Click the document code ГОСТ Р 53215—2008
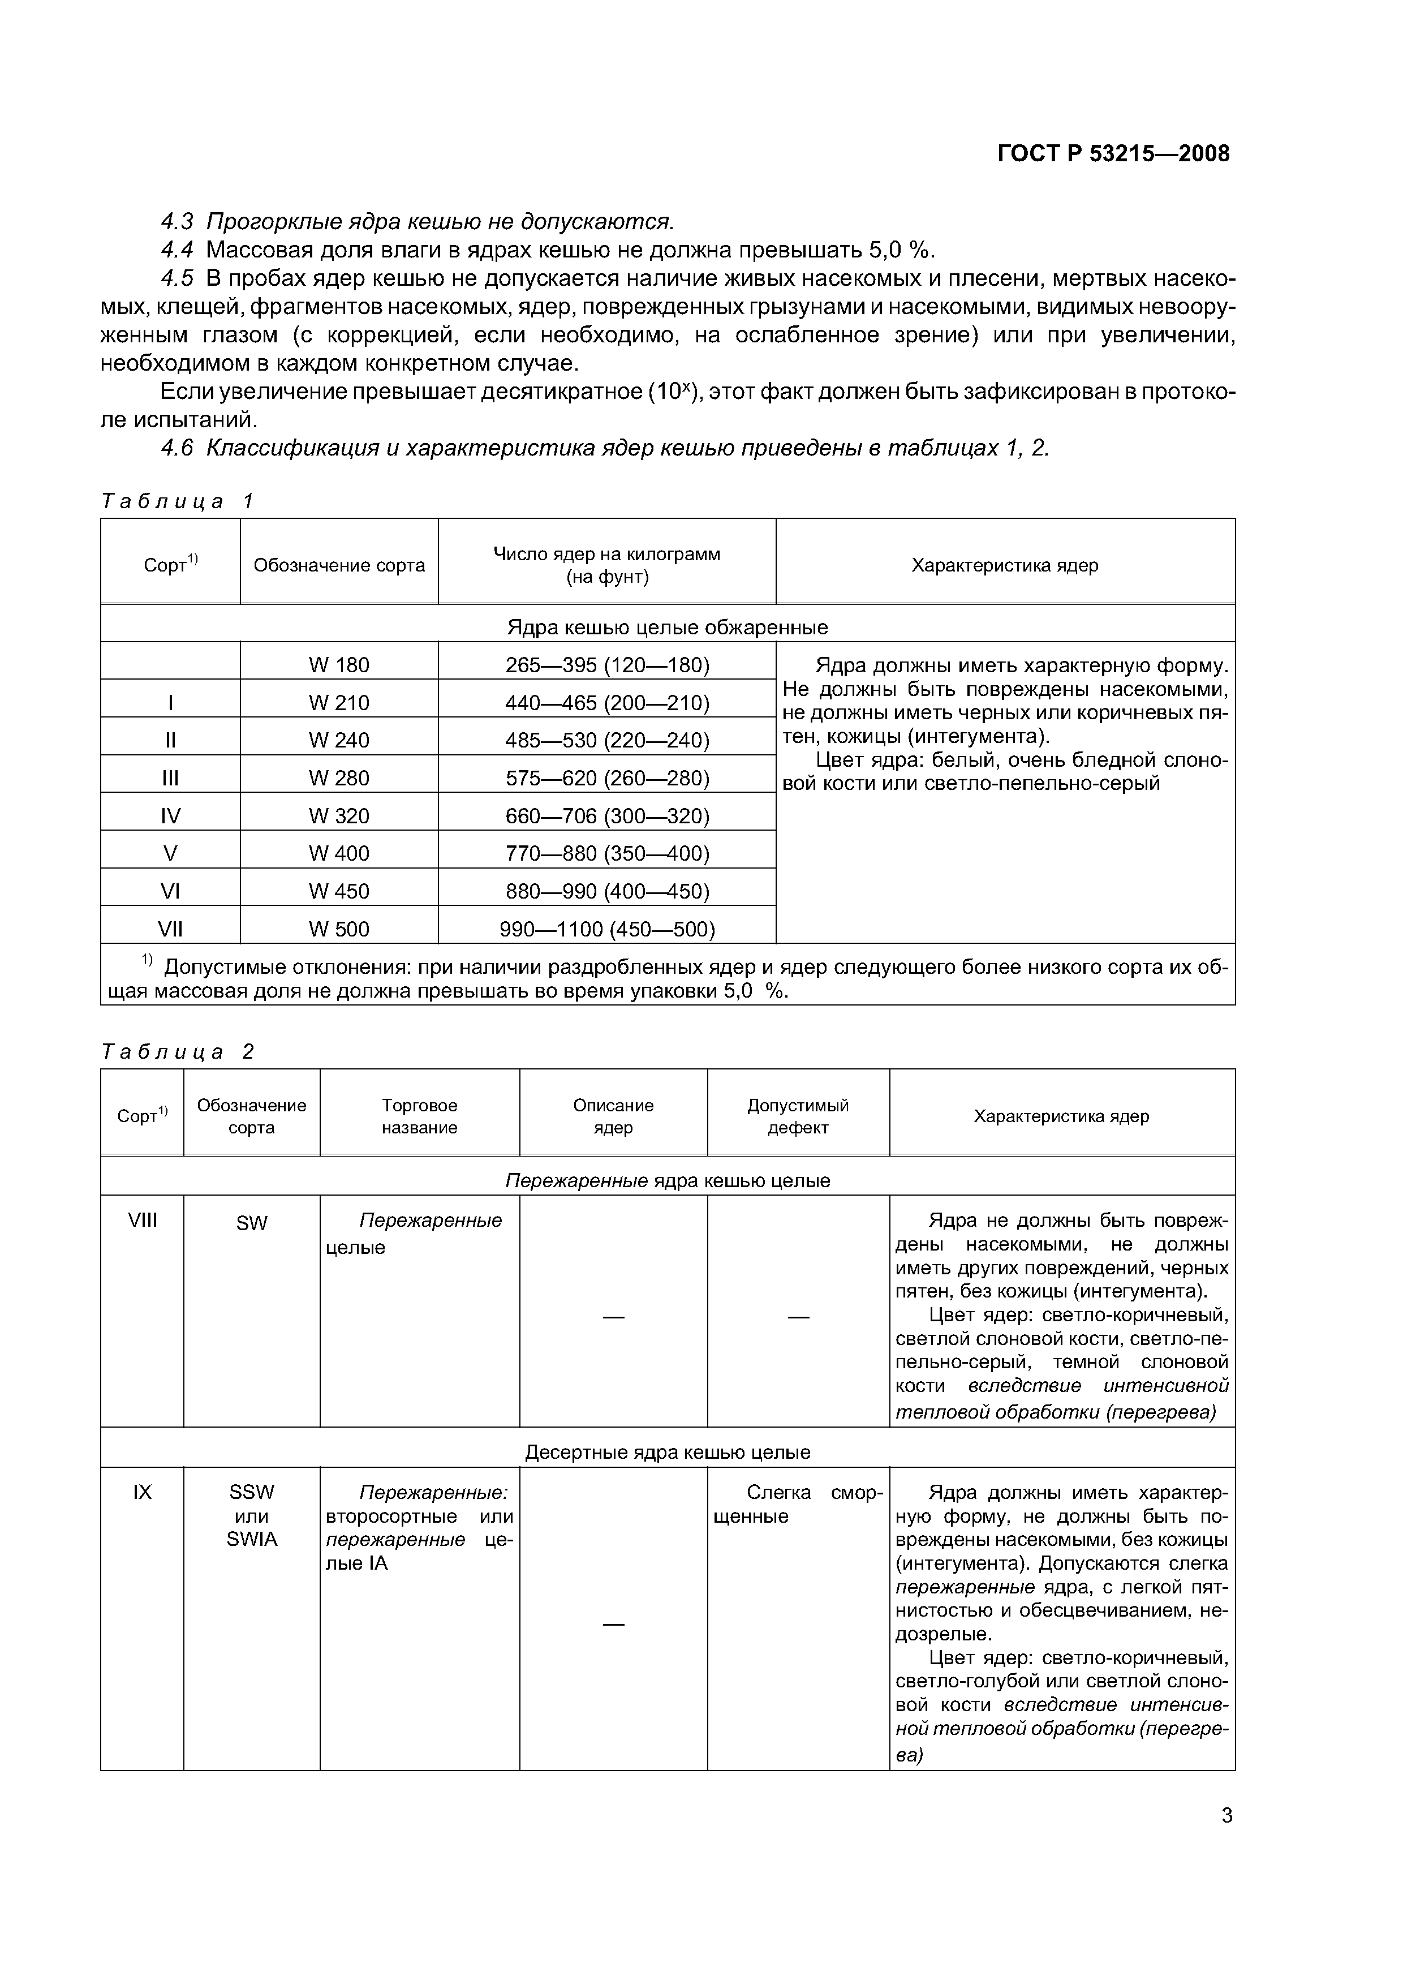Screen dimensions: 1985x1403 coord(1113,154)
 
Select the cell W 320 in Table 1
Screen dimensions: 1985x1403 coord(339,816)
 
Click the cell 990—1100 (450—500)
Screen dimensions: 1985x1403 coord(607,929)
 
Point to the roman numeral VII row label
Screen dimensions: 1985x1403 coord(170,929)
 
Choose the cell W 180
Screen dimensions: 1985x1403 coord(339,665)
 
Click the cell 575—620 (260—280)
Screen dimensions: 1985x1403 coord(607,778)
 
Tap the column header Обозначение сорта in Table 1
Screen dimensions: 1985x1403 coord(339,565)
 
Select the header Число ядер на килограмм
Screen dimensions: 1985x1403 coord(607,554)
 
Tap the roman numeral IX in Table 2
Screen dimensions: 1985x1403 coord(143,1492)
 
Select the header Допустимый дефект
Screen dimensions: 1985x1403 coord(798,1116)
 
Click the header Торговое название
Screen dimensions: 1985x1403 coord(419,1116)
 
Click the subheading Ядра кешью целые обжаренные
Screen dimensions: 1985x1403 coord(668,627)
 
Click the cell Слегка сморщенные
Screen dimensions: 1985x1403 coord(797,1505)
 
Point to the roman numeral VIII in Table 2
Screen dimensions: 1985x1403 coord(143,1220)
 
